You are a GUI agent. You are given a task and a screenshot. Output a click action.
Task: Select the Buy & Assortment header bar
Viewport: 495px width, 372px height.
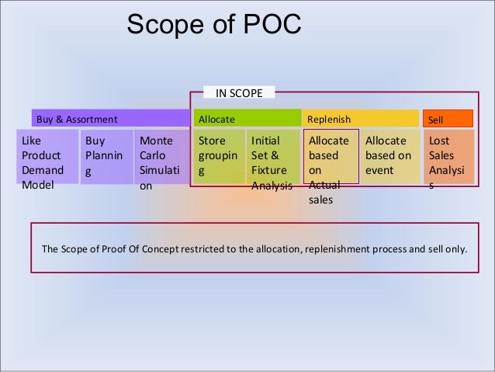[109, 119]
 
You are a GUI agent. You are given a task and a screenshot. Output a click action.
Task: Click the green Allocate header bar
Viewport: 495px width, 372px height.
[245, 119]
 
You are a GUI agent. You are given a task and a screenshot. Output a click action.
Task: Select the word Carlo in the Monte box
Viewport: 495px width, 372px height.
[153, 156]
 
